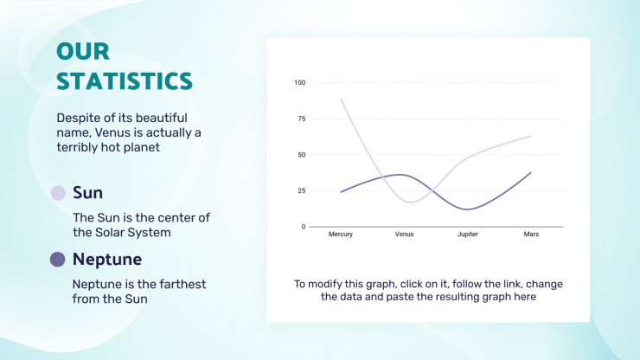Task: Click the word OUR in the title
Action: (83, 52)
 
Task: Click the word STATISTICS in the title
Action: (124, 81)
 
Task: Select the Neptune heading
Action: (107, 259)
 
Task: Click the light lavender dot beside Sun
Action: (59, 193)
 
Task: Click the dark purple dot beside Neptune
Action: (59, 260)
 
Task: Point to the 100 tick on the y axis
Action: (299, 83)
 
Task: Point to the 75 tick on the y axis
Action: (301, 119)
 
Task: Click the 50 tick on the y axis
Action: (301, 155)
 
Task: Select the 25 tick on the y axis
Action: (301, 190)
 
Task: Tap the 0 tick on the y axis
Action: (303, 227)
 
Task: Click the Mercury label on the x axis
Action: (341, 235)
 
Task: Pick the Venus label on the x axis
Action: (404, 235)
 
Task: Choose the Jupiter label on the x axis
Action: (468, 235)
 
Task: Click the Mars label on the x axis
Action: (532, 235)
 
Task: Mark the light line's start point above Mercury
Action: (341, 99)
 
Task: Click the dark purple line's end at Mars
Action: (531, 172)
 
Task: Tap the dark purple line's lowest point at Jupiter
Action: (468, 209)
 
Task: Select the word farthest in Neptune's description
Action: (178, 284)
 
